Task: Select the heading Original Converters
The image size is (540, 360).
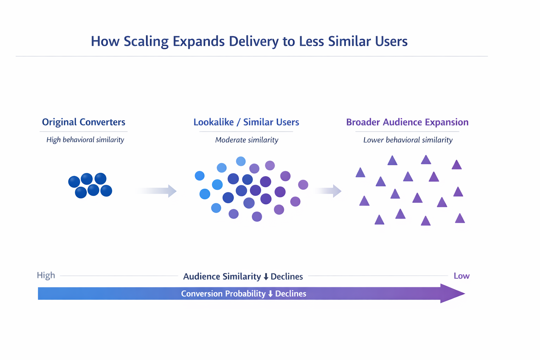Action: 84,122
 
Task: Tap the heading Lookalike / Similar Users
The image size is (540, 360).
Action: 246,122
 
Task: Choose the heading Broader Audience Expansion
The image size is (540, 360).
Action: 407,122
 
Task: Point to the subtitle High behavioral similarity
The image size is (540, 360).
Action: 85,140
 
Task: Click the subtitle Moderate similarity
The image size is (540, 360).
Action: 246,140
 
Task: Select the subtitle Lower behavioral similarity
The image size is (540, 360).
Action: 408,140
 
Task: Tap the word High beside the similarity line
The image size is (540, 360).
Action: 46,275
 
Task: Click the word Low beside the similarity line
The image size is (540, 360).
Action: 461,276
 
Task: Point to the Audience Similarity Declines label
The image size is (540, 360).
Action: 243,277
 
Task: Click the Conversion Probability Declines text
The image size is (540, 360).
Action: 243,294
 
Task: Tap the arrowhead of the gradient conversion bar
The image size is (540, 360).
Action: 452,294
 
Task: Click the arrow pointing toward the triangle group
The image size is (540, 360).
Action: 328,191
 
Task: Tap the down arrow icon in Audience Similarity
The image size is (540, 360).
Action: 266,277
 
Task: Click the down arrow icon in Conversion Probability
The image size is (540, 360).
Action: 270,294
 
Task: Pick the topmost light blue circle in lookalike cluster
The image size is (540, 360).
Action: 241,161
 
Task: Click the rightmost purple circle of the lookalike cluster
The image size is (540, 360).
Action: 303,185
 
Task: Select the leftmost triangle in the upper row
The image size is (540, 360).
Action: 360,173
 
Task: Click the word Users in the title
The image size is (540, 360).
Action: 391,41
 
